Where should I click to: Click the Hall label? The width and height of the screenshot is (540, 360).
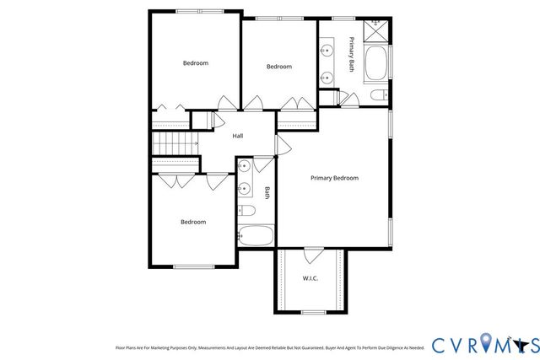pos(238,136)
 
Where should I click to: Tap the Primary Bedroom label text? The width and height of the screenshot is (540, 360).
pos(334,178)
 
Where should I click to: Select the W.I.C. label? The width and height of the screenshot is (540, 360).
pos(310,277)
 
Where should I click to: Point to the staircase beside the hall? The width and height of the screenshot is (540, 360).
pos(174,142)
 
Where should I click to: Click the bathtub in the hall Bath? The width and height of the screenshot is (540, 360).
pos(255,235)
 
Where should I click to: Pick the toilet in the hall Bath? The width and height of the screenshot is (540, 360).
pos(246,211)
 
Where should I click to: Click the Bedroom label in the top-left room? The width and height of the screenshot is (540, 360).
pos(196,63)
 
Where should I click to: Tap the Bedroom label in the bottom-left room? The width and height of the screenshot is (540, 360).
pos(193,222)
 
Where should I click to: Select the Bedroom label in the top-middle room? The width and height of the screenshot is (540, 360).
pos(279,67)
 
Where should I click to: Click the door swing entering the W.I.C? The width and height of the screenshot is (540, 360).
pos(313,255)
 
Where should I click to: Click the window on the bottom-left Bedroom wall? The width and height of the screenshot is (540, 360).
pos(193,266)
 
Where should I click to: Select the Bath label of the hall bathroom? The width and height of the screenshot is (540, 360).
pos(267,192)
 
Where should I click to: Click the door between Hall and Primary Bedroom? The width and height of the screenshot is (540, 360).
pos(283,144)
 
